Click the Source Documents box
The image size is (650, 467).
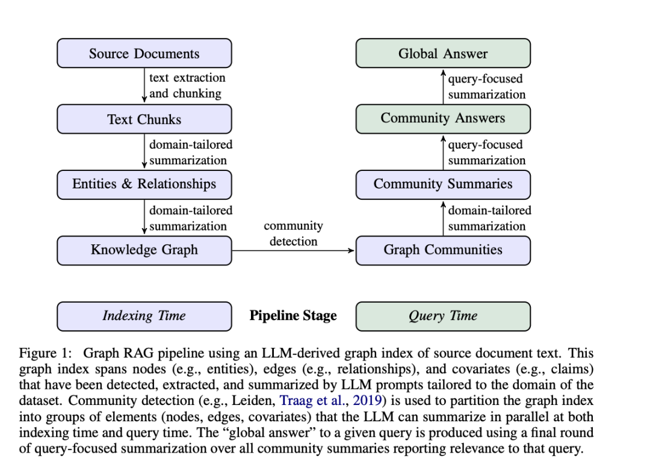144,53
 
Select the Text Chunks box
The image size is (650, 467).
144,119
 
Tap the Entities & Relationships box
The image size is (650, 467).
144,184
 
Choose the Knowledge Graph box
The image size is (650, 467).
144,250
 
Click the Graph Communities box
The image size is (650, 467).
443,250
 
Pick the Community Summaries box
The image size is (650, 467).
443,184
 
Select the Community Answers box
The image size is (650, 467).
443,119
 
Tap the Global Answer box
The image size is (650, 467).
443,53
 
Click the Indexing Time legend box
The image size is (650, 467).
144,316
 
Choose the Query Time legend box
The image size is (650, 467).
443,316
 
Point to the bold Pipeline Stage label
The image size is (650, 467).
293,316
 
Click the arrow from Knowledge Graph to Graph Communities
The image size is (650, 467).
294,250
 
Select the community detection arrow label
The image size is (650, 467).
294,233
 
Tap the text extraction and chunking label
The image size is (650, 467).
187,85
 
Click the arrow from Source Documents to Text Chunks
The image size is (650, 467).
144,85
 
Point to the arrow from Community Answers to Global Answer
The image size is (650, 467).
443,86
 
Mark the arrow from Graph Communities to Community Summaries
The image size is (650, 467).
443,218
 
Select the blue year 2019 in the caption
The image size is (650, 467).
367,400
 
